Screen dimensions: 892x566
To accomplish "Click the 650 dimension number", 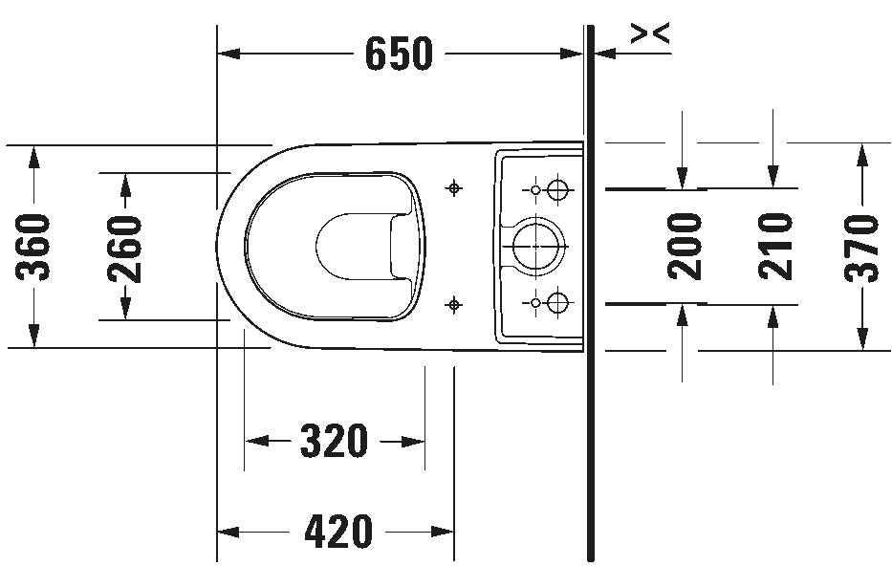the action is pyautogui.click(x=399, y=54).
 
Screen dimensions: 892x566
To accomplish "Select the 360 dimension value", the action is pyautogui.click(x=33, y=247).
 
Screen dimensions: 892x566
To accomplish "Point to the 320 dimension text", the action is pyautogui.click(x=334, y=441).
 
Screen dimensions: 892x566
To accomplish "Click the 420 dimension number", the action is pyautogui.click(x=338, y=532).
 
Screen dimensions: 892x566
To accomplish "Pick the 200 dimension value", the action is pyautogui.click(x=685, y=246).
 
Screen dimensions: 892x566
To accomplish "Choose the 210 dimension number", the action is pyautogui.click(x=775, y=246).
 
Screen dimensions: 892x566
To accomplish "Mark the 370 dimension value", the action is pyautogui.click(x=861, y=248).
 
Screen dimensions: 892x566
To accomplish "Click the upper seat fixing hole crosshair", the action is pyautogui.click(x=453, y=187).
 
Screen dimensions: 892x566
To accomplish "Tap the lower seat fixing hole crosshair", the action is pyautogui.click(x=453, y=305).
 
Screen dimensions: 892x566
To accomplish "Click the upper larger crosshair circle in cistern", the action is pyautogui.click(x=557, y=189).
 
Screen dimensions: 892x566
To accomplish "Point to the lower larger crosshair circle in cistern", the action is pyautogui.click(x=557, y=302).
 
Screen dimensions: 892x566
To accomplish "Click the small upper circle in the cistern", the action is pyautogui.click(x=534, y=189).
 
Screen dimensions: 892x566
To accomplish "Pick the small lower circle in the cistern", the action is pyautogui.click(x=534, y=302).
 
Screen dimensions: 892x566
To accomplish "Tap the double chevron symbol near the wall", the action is pyautogui.click(x=651, y=33).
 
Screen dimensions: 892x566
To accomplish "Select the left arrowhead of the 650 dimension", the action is pyautogui.click(x=228, y=54).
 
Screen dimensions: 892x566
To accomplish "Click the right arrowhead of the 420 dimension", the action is pyautogui.click(x=443, y=532).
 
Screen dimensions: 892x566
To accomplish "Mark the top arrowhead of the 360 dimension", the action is pyautogui.click(x=33, y=157).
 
